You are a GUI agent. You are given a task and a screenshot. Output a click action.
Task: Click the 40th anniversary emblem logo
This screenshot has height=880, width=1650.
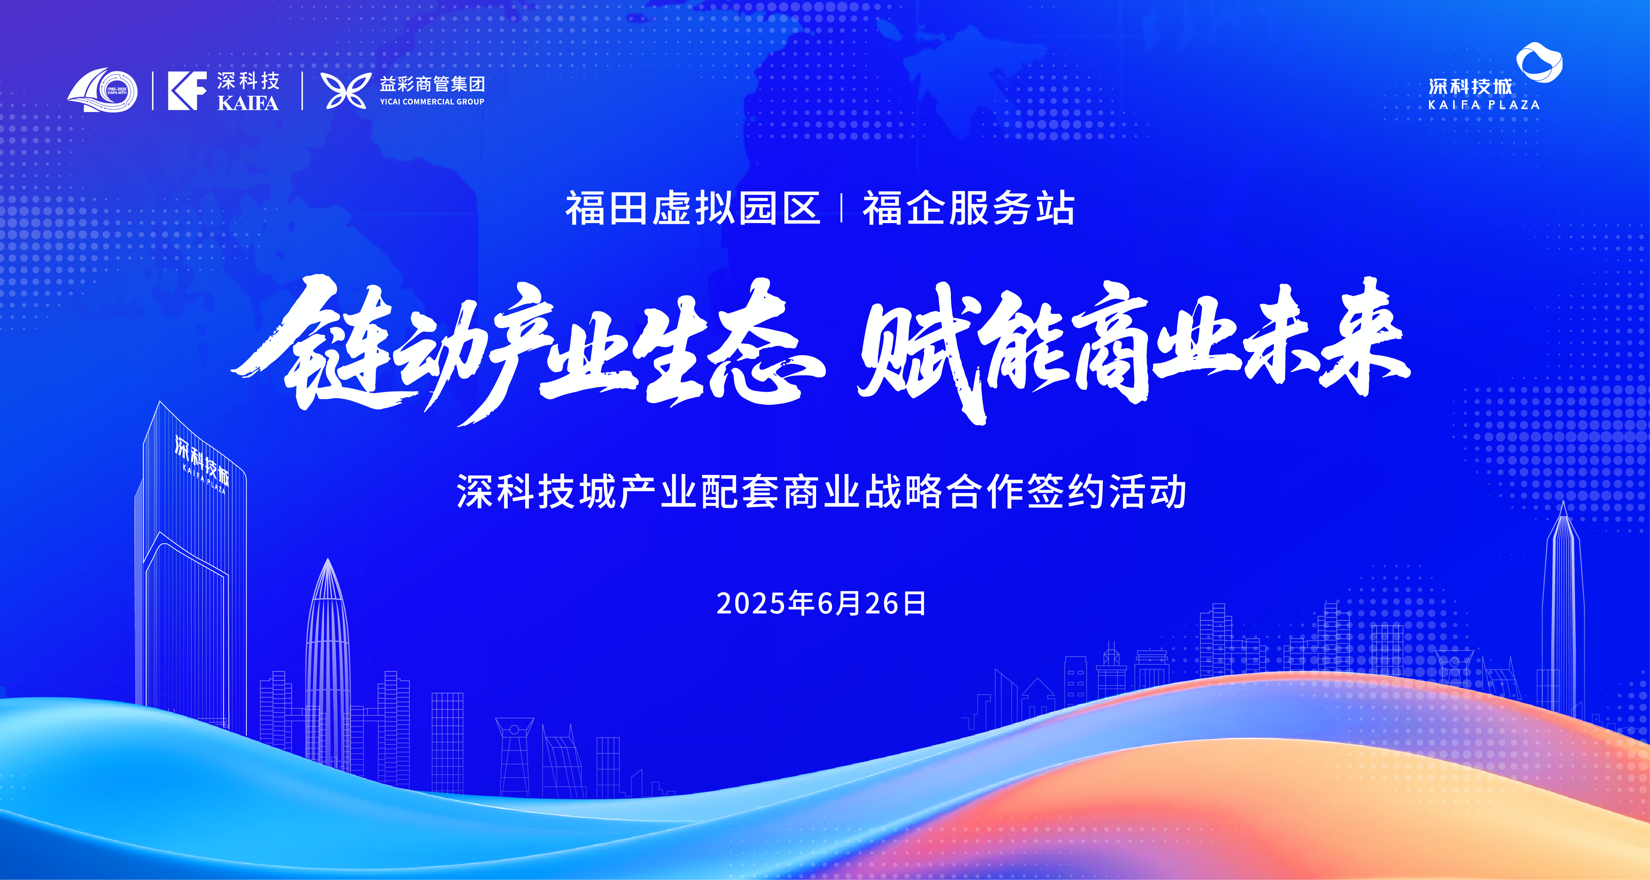(x=102, y=90)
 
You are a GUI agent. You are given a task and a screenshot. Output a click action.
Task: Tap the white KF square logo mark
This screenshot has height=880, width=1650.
(x=187, y=91)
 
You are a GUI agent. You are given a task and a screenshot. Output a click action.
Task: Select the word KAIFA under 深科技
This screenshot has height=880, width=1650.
(x=248, y=103)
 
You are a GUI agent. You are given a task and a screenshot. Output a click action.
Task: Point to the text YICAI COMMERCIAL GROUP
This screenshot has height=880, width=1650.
(x=432, y=102)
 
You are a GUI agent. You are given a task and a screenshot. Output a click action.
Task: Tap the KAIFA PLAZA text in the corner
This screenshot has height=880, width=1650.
(x=1484, y=104)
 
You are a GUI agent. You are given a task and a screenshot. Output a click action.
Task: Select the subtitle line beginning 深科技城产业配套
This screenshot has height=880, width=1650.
(x=822, y=492)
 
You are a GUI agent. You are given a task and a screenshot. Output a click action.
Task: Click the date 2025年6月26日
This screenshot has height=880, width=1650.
(x=822, y=603)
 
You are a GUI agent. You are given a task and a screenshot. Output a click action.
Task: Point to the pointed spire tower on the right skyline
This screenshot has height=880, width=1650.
(x=1563, y=609)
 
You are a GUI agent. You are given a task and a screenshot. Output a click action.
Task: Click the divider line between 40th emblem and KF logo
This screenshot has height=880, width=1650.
(x=153, y=91)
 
